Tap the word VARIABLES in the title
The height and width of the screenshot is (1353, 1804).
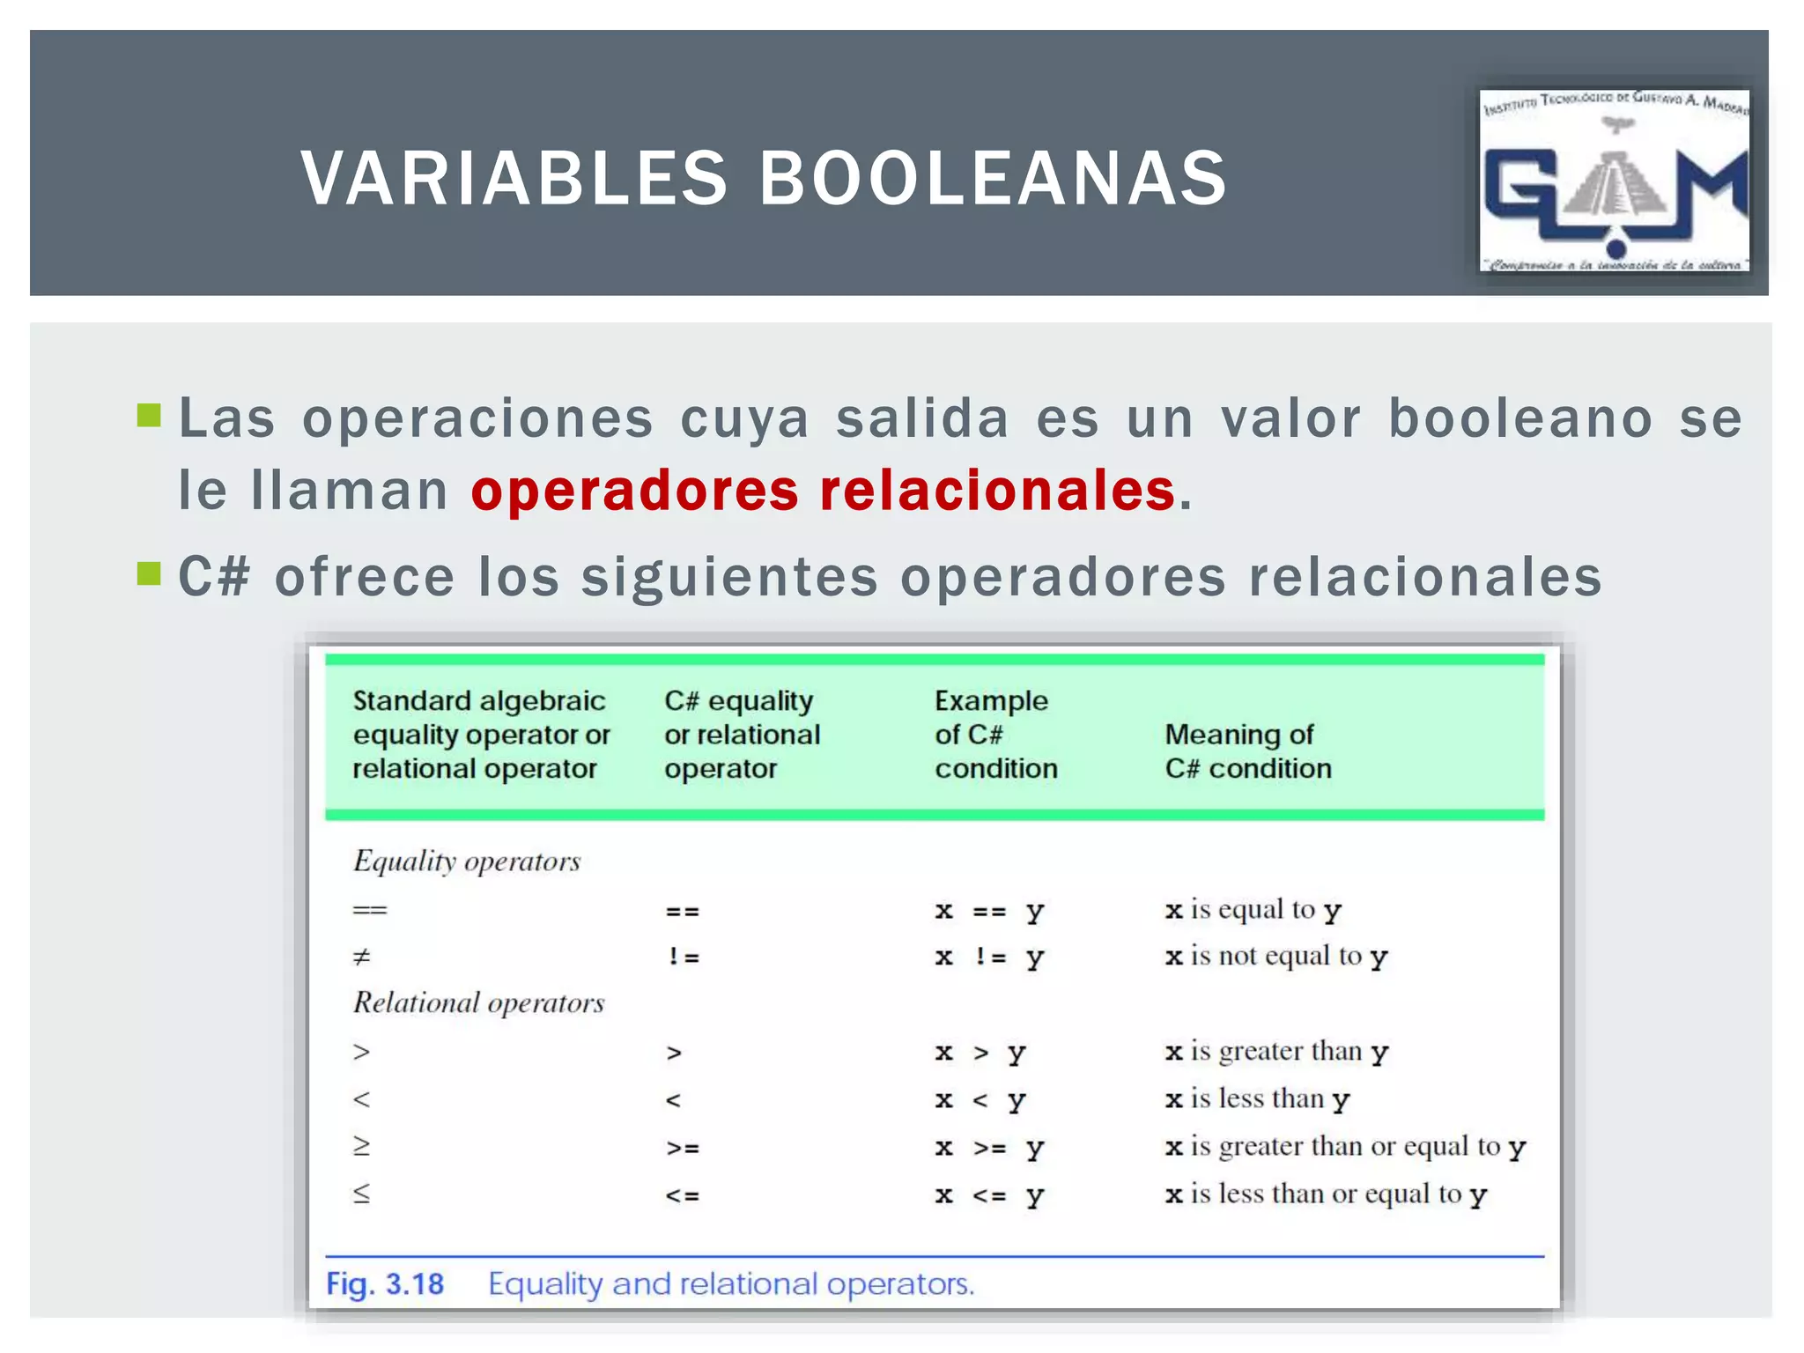[x=514, y=178]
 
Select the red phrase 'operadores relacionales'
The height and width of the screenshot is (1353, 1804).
[x=823, y=491]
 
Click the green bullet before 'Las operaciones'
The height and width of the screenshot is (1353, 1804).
[x=149, y=415]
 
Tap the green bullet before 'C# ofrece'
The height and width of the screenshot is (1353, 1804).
[x=149, y=574]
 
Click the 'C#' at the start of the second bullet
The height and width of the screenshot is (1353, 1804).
[x=214, y=577]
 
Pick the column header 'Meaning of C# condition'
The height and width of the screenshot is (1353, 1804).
[x=1247, y=750]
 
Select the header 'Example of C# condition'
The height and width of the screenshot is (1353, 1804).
[x=995, y=734]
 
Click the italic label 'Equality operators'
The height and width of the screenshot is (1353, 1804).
[x=467, y=861]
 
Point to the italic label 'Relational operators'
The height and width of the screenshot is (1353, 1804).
[x=478, y=1002]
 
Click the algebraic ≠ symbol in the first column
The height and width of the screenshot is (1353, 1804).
[x=361, y=957]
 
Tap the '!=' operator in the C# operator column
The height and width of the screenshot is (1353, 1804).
[x=683, y=957]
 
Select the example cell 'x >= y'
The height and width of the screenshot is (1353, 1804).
[x=988, y=1148]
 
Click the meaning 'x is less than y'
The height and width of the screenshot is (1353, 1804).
[x=1257, y=1099]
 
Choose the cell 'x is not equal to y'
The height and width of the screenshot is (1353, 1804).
[x=1275, y=957]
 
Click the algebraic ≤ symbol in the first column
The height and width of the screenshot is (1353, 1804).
[x=361, y=1194]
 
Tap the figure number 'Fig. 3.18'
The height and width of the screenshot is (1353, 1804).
[x=385, y=1284]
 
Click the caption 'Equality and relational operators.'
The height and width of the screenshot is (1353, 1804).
[x=731, y=1284]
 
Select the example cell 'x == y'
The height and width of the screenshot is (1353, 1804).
[x=988, y=911]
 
